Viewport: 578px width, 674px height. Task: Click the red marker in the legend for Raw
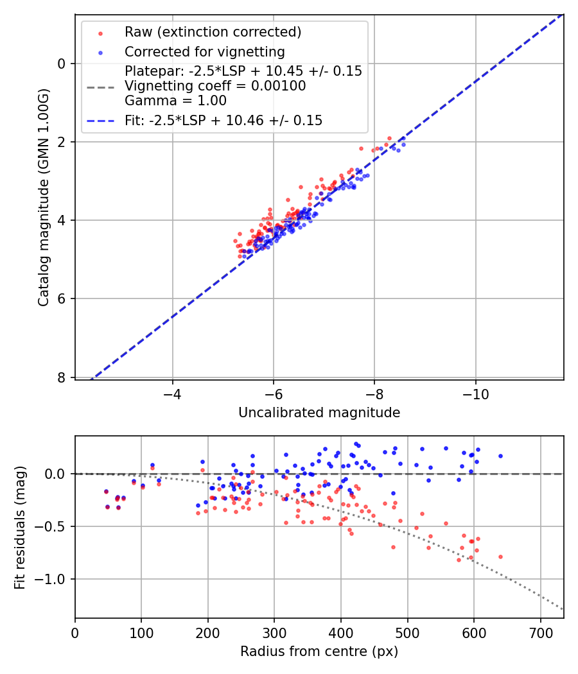tap(100, 32)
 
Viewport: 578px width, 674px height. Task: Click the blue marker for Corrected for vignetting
tap(100, 52)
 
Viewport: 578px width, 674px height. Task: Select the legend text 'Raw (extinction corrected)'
tap(213, 32)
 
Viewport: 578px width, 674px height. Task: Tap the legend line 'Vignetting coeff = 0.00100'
tap(215, 86)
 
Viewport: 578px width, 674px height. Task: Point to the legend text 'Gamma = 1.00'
tap(175, 101)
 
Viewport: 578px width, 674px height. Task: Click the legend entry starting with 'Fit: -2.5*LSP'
tap(223, 121)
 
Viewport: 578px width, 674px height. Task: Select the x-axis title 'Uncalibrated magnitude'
tap(319, 413)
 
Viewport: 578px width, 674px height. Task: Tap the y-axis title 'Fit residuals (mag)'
tap(21, 526)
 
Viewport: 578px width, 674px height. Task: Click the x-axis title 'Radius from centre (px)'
tap(319, 652)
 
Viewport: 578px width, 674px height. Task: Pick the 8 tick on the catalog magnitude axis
tap(62, 377)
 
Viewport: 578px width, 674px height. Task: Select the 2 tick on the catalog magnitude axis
tap(62, 142)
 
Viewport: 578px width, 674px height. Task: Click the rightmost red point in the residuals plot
tap(500, 557)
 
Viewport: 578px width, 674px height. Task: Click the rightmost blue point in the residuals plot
tap(500, 456)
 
